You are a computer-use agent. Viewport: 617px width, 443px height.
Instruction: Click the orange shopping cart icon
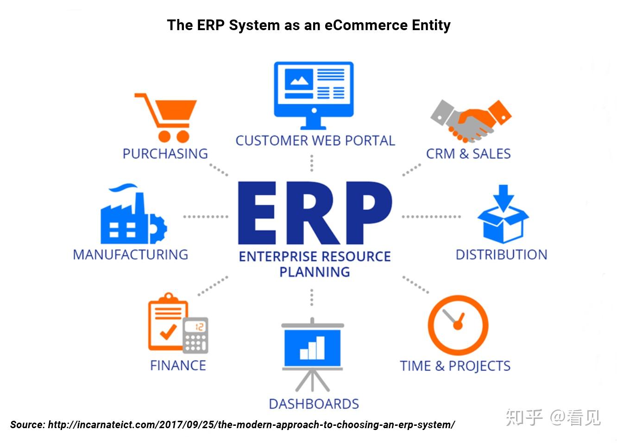click(x=165, y=118)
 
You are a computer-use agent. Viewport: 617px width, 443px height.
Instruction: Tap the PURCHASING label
click(x=165, y=154)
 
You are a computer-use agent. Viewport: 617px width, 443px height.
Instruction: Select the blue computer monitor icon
click(x=314, y=95)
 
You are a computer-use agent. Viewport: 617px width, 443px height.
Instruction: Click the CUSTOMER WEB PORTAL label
click(x=315, y=140)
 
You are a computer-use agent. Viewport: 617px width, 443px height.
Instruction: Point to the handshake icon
click(x=471, y=121)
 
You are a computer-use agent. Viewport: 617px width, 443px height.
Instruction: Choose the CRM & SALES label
click(x=468, y=154)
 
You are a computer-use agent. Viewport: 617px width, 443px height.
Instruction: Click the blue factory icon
click(x=133, y=214)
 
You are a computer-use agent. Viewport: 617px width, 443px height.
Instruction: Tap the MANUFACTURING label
click(x=131, y=254)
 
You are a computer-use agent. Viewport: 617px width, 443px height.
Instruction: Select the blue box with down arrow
click(x=503, y=214)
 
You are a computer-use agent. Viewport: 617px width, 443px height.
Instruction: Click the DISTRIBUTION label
click(x=502, y=254)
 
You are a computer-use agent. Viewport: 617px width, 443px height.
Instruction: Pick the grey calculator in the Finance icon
click(x=195, y=335)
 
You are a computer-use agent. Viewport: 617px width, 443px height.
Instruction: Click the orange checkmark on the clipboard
click(x=168, y=332)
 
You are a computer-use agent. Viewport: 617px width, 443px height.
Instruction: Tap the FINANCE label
click(x=178, y=366)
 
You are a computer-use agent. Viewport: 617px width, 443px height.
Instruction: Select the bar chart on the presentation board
click(x=312, y=348)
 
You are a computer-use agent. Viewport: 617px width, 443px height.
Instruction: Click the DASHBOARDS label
click(x=314, y=404)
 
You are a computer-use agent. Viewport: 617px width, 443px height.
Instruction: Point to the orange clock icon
click(x=458, y=325)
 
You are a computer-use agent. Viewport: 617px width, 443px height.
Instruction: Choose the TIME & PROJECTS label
click(x=455, y=366)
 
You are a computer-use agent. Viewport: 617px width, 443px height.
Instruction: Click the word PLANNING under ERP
click(x=315, y=272)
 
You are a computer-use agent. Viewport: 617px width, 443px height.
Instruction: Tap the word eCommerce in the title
click(x=366, y=25)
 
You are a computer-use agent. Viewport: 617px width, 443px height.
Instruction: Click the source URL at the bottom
click(x=252, y=424)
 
